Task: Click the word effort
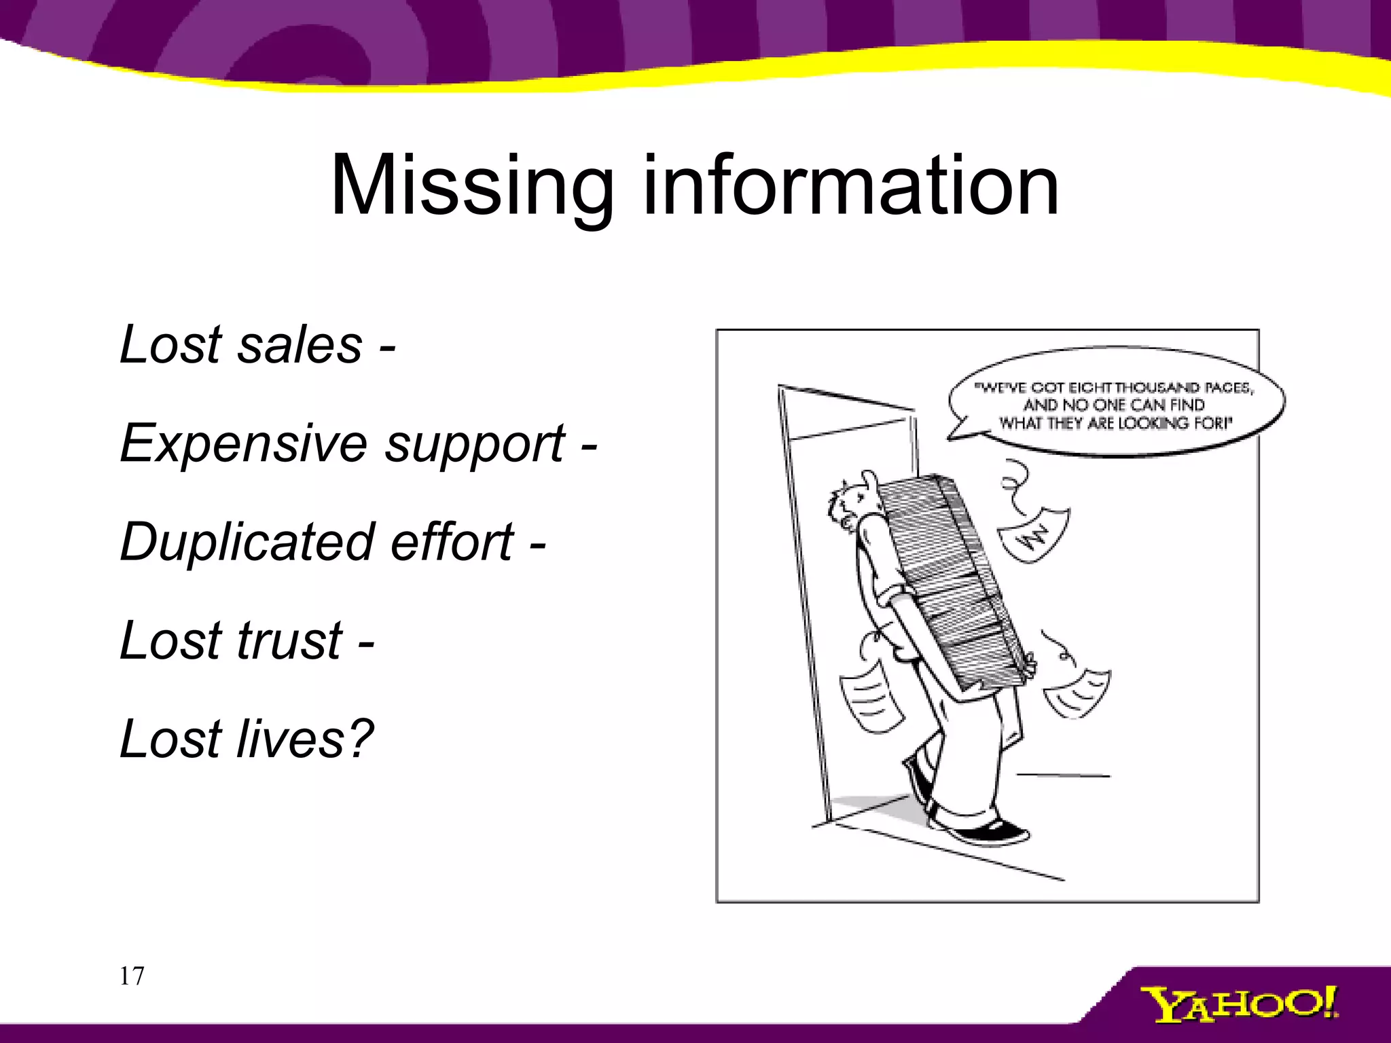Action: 452,543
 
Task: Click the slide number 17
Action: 132,976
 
